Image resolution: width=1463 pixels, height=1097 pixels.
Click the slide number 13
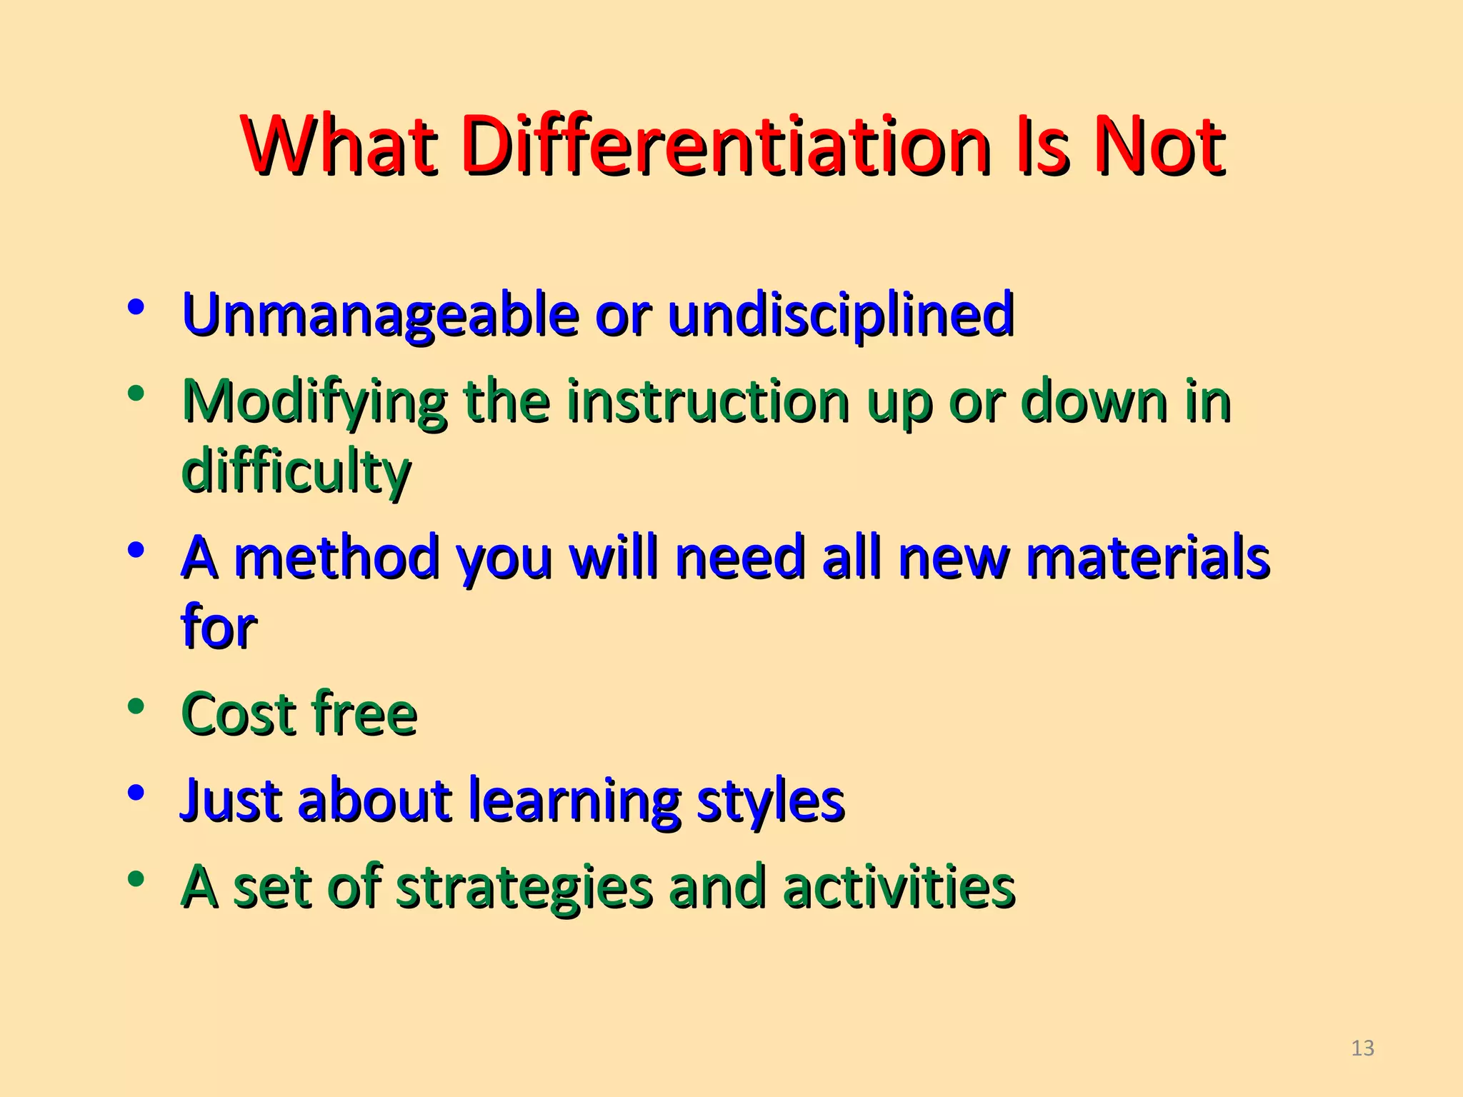point(1363,1048)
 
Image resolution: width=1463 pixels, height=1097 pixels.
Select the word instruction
point(708,401)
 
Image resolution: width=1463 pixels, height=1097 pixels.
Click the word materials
point(1147,558)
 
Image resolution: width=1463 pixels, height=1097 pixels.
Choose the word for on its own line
point(219,626)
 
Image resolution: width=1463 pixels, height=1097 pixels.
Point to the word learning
point(574,801)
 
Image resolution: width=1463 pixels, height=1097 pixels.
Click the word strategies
point(524,888)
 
